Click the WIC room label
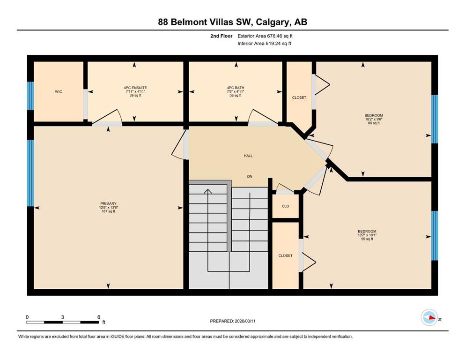tap(59, 92)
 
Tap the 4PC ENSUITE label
tap(135, 88)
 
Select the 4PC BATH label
tap(236, 88)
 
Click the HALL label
tap(248, 156)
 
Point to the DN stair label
tap(250, 176)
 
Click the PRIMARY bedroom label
tap(108, 203)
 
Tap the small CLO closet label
tap(285, 206)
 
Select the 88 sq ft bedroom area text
tap(374, 123)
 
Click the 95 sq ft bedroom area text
tap(367, 239)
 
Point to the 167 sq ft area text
tap(108, 211)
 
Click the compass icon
tap(429, 317)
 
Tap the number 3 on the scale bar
tap(63, 317)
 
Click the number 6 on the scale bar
tap(99, 317)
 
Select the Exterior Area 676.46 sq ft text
tap(265, 36)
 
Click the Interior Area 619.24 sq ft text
tap(264, 43)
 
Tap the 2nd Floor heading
tap(221, 36)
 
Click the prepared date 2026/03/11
tap(245, 321)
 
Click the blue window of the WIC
tap(30, 96)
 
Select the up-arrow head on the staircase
tap(208, 191)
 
